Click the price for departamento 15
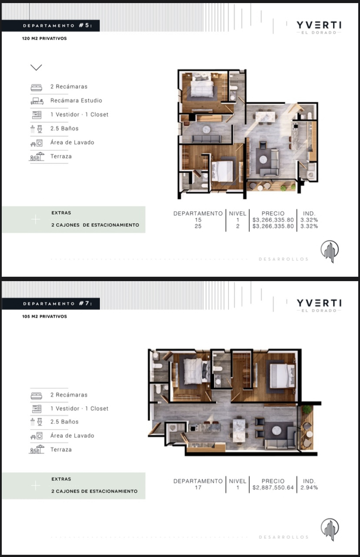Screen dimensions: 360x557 coord(273,220)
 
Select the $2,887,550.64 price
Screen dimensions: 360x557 coord(273,487)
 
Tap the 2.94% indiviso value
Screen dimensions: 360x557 coord(309,487)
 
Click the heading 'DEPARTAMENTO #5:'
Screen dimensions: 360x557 coord(58,25)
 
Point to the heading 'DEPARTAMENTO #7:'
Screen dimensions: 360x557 coord(58,303)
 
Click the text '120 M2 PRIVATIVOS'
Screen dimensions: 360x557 coord(44,39)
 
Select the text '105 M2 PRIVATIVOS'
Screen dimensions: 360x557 coord(44,316)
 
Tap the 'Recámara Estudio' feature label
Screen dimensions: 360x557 coord(76,101)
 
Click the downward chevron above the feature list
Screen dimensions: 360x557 coord(36,67)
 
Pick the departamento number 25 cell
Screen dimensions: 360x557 coord(198,226)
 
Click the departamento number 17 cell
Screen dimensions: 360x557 coord(198,487)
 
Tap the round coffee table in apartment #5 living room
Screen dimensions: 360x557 coord(263,159)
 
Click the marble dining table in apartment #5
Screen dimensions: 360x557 coord(265,117)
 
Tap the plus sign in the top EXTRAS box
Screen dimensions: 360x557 coord(36,219)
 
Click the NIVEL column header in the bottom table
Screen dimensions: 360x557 coord(237,481)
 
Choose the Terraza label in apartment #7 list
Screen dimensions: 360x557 coord(61,450)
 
